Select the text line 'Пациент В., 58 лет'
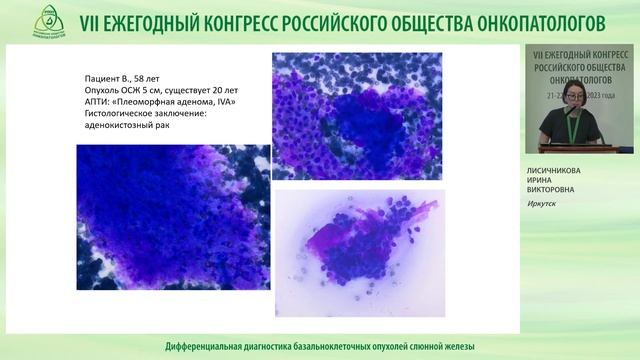click(122, 77)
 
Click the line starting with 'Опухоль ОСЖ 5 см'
click(158, 89)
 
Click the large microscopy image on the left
click(172, 217)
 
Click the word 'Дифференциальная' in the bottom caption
click(203, 346)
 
